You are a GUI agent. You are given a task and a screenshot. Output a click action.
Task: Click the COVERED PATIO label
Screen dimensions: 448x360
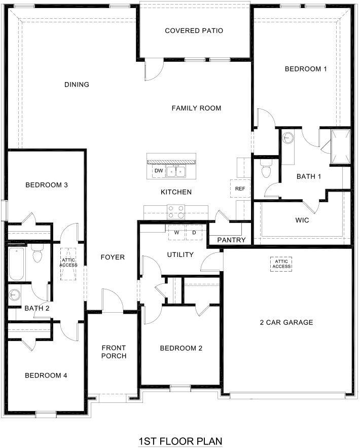pyautogui.click(x=194, y=31)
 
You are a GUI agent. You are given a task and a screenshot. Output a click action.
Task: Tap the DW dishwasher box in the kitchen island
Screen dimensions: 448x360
pyautogui.click(x=159, y=171)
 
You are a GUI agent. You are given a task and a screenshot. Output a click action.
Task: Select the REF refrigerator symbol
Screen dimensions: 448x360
pyautogui.click(x=240, y=189)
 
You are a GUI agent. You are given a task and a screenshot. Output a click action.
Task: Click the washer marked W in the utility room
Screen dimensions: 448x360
pyautogui.click(x=176, y=233)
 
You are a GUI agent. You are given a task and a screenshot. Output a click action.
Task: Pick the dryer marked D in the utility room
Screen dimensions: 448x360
pyautogui.click(x=194, y=233)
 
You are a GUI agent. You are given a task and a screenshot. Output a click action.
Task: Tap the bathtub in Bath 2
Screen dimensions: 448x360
pyautogui.click(x=16, y=264)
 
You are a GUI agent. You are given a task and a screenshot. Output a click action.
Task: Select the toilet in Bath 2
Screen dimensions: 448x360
pyautogui.click(x=37, y=254)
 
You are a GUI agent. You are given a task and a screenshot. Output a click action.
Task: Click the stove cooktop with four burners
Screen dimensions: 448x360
pyautogui.click(x=176, y=209)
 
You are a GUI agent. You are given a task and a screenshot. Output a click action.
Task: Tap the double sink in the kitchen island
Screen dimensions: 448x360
pyautogui.click(x=177, y=172)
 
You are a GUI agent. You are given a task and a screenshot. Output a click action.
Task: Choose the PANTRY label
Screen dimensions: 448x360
pyautogui.click(x=231, y=240)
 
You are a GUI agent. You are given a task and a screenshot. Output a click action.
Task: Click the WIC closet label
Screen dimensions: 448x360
pyautogui.click(x=302, y=221)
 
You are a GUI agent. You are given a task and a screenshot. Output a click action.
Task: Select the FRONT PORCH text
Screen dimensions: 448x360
pyautogui.click(x=114, y=352)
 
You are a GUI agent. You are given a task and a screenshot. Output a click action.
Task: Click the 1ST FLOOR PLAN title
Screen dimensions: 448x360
pyautogui.click(x=180, y=441)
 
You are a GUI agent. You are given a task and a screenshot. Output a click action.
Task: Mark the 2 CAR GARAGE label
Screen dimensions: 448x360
pyautogui.click(x=286, y=322)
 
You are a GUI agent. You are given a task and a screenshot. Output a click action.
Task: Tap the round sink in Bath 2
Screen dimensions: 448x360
pyautogui.click(x=14, y=294)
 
